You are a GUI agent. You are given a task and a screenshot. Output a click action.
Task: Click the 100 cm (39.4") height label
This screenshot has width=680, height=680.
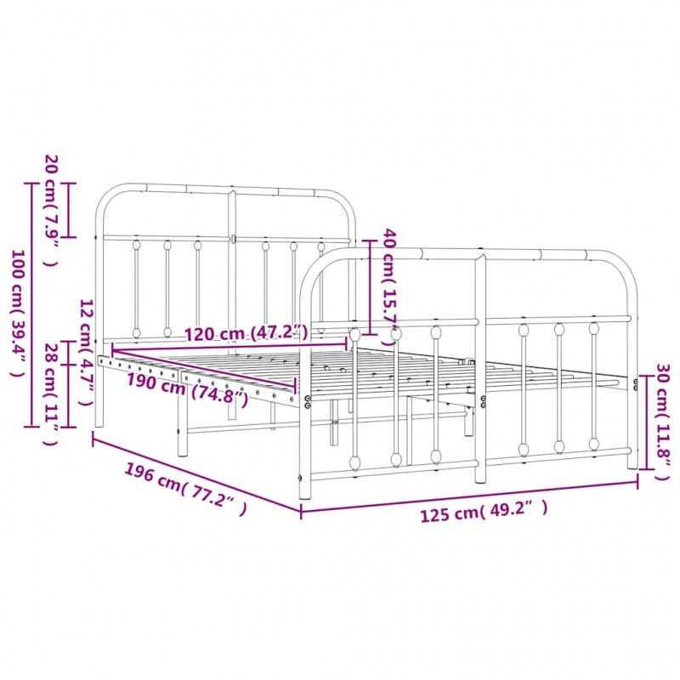point(18,313)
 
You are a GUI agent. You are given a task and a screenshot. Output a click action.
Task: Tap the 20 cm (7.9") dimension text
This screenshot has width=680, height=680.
point(51,210)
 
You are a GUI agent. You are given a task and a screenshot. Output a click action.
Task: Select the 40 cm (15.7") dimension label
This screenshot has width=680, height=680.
point(390,289)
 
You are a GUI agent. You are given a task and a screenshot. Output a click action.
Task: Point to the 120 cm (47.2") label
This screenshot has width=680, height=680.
point(246,333)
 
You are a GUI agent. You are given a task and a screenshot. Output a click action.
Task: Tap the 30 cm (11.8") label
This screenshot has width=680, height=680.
point(663,422)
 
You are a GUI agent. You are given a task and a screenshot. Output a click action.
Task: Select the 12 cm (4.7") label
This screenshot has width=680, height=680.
point(88,352)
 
